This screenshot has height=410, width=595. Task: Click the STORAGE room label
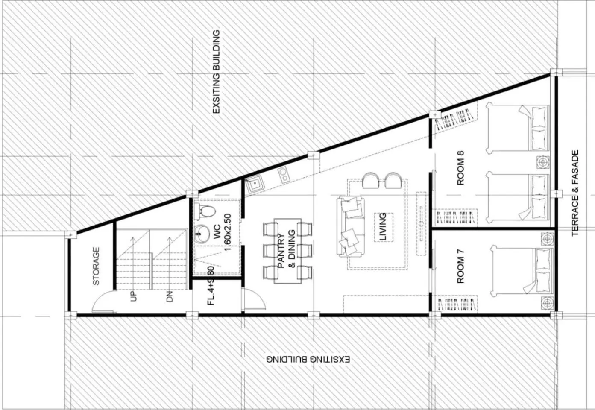tap(96, 266)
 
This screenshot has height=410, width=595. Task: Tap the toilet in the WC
tap(205, 211)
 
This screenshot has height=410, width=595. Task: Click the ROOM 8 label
tap(460, 168)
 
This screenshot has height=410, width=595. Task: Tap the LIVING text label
tap(383, 227)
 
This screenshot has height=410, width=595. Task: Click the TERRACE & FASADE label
tap(575, 193)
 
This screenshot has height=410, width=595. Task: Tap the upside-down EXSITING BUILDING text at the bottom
tap(308, 359)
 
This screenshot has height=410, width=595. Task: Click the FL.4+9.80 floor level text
tap(211, 286)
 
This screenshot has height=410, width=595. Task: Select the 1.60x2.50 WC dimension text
tap(227, 233)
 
